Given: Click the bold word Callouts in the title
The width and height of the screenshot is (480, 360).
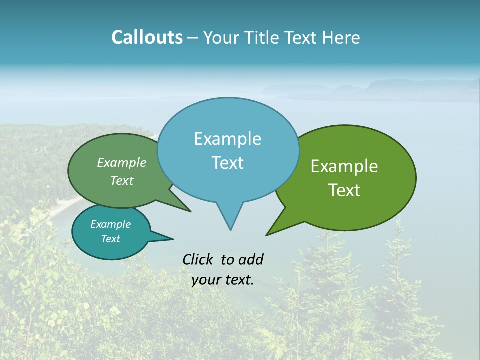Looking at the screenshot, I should coord(147,37).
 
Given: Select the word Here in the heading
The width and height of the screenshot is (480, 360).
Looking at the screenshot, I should coord(341,37).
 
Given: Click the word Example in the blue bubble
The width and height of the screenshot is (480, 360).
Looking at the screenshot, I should coord(227,139).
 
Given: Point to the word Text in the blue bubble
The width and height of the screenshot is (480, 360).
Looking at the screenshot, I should coord(227,163).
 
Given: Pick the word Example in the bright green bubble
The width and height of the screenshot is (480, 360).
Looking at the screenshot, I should coord(344,166).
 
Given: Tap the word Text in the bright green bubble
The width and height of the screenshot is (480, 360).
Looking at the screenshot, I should coord(344,190).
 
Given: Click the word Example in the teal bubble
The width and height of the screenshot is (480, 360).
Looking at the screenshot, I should coord(110,224).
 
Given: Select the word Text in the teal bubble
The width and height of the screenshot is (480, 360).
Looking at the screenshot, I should coord(110,239).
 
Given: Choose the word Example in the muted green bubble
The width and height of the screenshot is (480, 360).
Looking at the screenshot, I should coord(121,163).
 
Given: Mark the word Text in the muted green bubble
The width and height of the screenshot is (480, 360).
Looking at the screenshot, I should coord(121,180).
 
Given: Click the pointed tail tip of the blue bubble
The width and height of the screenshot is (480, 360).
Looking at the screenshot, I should coord(230,230).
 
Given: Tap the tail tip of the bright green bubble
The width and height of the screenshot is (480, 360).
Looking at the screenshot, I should coord(266,235).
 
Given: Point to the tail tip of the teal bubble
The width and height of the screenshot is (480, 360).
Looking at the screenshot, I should coord(173,239).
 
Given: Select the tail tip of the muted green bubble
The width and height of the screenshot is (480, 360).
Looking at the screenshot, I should coord(190,211).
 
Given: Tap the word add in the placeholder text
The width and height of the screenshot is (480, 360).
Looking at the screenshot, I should coord(250,259).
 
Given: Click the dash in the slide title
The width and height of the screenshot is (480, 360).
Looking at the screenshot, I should coord(193,37).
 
